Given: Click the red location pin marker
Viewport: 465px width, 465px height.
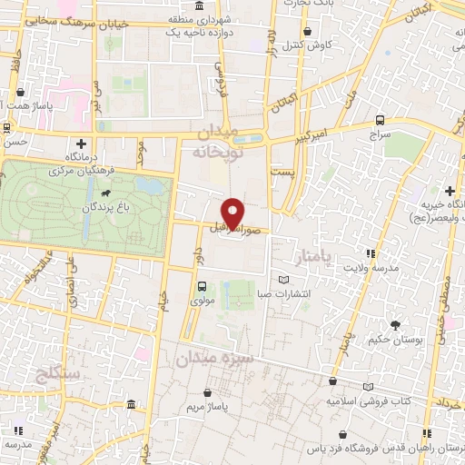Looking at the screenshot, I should [234, 211].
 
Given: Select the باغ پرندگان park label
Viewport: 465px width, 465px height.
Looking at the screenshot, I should [89, 208].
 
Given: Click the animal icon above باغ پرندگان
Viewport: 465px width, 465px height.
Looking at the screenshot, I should [107, 193].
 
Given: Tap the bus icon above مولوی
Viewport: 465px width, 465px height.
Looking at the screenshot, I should [202, 283].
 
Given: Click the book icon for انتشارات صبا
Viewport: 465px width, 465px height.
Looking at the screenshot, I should [288, 280].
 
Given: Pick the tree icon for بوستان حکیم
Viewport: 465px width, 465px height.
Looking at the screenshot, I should [395, 324].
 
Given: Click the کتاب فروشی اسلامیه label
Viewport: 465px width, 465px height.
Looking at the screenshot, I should [367, 400].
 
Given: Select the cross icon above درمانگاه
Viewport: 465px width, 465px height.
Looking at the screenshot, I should [82, 143].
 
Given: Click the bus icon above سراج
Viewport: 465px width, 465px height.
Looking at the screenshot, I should [380, 120].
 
